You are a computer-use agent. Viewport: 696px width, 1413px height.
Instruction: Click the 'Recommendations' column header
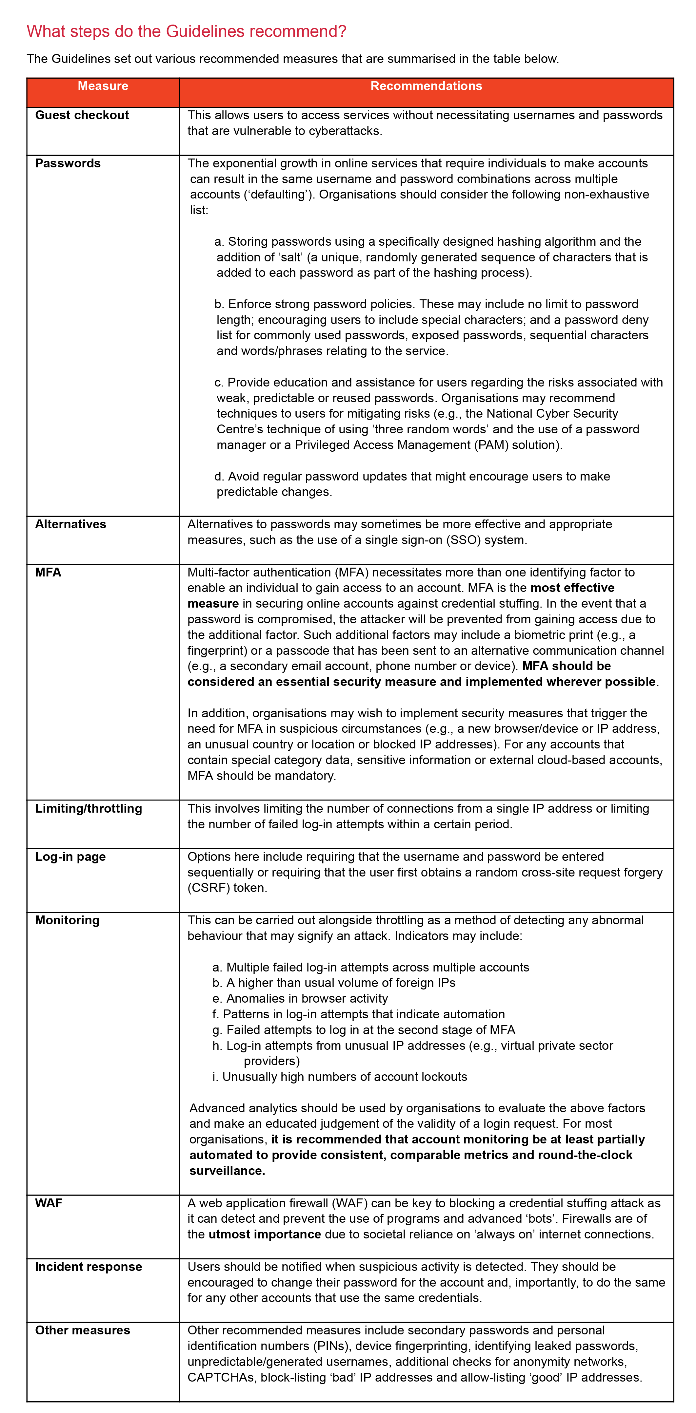pyautogui.click(x=426, y=86)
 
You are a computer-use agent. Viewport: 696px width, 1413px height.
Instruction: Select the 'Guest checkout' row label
pyautogui.click(x=82, y=115)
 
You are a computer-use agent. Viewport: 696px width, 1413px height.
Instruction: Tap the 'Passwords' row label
pyautogui.click(x=68, y=163)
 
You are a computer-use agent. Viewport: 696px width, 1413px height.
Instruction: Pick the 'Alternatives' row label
pyautogui.click(x=70, y=524)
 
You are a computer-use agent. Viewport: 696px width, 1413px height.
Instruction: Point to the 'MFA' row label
pyautogui.click(x=48, y=573)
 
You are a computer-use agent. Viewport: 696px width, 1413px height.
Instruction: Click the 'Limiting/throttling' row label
pyautogui.click(x=89, y=808)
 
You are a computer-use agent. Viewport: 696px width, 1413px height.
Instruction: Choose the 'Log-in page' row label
pyautogui.click(x=70, y=857)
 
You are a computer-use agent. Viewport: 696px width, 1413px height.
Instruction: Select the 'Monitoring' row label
pyautogui.click(x=67, y=920)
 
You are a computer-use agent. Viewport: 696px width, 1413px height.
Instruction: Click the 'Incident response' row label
pyautogui.click(x=89, y=1267)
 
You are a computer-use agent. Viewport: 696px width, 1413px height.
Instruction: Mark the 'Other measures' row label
pyautogui.click(x=82, y=1331)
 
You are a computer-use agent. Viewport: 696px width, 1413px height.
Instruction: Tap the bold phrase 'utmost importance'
pyautogui.click(x=265, y=1235)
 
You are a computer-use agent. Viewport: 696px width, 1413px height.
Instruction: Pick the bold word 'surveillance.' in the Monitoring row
pyautogui.click(x=227, y=1171)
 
